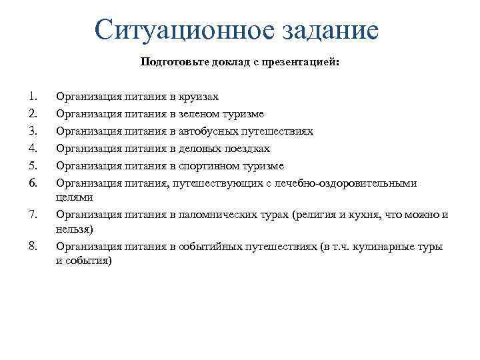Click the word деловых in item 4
[x=199, y=149]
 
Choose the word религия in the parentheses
[x=315, y=215]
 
